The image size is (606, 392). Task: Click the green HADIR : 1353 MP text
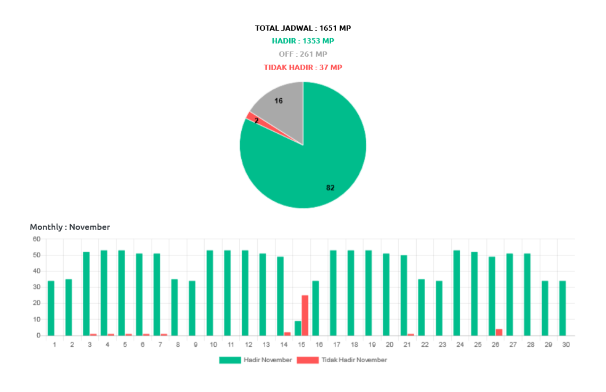point(302,41)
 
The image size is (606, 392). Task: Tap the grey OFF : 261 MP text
point(302,54)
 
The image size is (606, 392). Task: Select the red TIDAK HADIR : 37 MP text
point(302,67)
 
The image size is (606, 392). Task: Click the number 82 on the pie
point(330,188)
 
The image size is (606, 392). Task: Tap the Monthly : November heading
point(70,227)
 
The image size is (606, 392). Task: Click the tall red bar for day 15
point(305,314)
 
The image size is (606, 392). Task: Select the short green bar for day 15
point(297,327)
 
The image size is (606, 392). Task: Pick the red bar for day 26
point(499,331)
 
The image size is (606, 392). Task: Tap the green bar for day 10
point(209,292)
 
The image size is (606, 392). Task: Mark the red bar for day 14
point(287,333)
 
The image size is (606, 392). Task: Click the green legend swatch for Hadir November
point(230,360)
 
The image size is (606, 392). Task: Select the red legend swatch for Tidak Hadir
point(307,360)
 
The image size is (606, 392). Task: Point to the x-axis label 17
point(333,344)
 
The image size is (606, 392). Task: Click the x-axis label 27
point(509,344)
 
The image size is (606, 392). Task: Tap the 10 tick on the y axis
point(37,319)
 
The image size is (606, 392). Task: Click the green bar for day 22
point(421,306)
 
